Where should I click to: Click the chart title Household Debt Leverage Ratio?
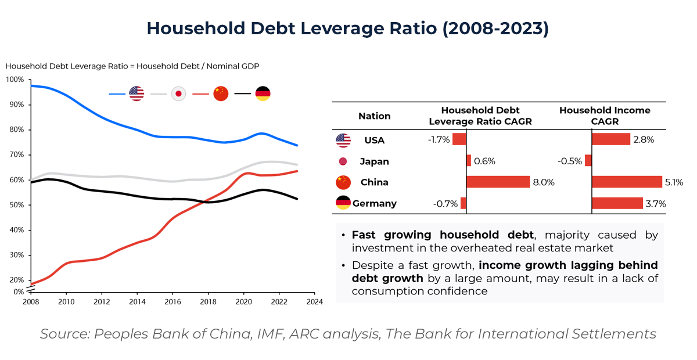coord(347,29)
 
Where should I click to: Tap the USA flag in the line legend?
coord(136,93)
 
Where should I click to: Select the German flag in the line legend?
coord(263,93)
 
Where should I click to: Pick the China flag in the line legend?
coord(221,93)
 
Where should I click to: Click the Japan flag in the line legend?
coord(178,93)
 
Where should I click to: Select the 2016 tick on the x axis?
coord(173,301)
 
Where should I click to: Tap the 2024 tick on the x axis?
coord(314,301)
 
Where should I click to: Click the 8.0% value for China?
coord(544,182)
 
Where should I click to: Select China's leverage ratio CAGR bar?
coord(498,182)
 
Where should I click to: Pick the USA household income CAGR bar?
coord(610,139)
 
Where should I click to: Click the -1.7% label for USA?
coord(439,139)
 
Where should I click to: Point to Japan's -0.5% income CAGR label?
coord(571,161)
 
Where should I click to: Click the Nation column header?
coord(374,116)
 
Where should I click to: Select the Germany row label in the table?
coord(374,203)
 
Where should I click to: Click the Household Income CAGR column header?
coord(605,116)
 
